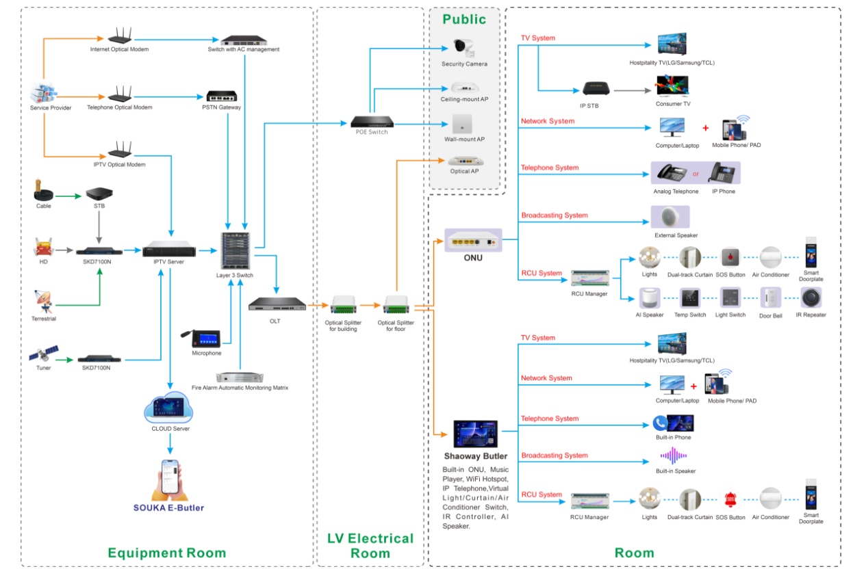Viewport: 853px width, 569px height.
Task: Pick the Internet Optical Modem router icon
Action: [119, 37]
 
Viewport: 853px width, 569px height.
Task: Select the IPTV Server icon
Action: [170, 252]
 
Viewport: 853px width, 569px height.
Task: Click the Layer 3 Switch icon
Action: [235, 251]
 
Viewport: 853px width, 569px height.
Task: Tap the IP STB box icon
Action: [595, 90]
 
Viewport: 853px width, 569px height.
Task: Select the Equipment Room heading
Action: [166, 553]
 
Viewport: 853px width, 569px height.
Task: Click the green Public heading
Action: [464, 19]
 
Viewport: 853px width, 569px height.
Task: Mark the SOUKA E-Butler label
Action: [169, 507]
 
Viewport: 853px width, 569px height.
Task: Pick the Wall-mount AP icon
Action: [464, 124]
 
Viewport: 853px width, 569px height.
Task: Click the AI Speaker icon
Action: [649, 298]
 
